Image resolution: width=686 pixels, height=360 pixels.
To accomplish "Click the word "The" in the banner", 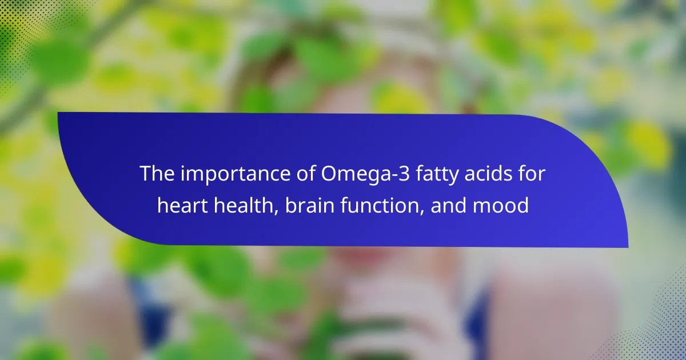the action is click(x=157, y=173).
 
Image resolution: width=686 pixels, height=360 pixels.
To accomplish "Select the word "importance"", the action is click(x=235, y=175).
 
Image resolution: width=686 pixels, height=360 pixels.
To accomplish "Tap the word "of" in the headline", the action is click(x=306, y=173).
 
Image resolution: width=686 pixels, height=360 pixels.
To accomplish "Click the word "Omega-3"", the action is click(x=365, y=175).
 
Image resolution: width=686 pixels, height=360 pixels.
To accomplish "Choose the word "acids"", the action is click(x=488, y=173).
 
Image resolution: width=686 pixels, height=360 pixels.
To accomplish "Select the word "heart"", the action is click(x=182, y=205).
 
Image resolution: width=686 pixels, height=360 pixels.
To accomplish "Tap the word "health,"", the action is click(x=246, y=206).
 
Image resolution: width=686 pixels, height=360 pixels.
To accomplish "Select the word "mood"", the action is click(x=501, y=205).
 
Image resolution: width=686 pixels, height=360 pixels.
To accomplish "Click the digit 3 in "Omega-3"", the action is click(x=404, y=174).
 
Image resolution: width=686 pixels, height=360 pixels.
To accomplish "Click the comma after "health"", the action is click(x=276, y=213).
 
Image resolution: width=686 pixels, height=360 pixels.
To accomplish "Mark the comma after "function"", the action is click(x=422, y=213).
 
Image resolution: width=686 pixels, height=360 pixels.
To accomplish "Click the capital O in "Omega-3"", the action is click(x=329, y=174).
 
